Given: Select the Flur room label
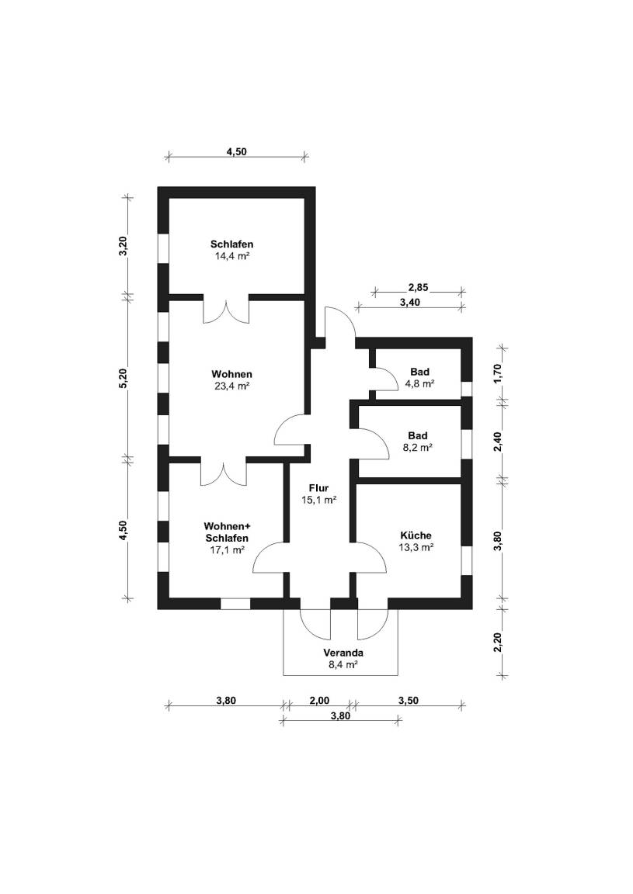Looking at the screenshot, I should (x=318, y=488).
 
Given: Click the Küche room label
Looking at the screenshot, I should (x=416, y=535).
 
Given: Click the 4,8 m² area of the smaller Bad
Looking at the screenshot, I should (x=419, y=383).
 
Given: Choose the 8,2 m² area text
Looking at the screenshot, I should (x=418, y=447).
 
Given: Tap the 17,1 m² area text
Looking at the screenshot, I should (x=227, y=549).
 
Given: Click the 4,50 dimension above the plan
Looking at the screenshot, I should (x=236, y=152).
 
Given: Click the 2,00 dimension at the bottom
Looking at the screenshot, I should (x=319, y=700).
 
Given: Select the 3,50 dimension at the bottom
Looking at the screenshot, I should (x=409, y=700).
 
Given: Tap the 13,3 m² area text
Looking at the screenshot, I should (x=416, y=546).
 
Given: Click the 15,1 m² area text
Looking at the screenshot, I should (x=318, y=501).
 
